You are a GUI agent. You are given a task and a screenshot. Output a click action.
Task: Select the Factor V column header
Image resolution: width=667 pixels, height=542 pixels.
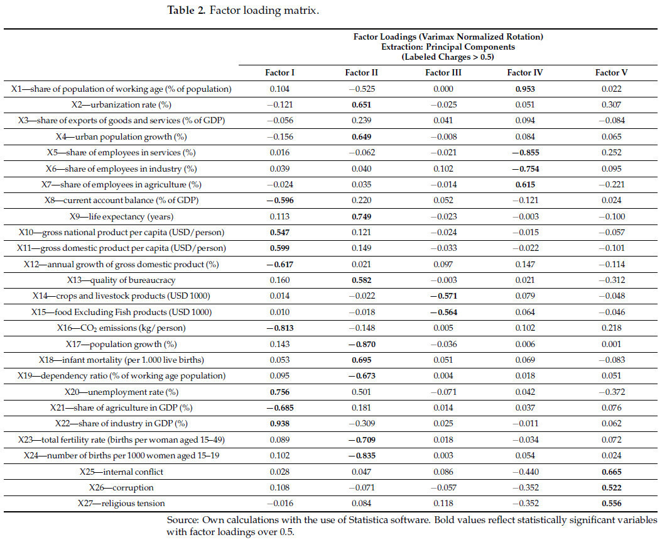pos(611,72)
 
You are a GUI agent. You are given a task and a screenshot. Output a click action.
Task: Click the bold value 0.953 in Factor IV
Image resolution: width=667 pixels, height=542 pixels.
pos(525,89)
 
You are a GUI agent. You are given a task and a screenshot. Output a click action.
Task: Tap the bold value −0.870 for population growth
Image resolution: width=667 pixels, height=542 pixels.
pos(361,344)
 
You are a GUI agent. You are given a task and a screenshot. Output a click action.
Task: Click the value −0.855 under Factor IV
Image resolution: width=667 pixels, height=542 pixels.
pos(525,152)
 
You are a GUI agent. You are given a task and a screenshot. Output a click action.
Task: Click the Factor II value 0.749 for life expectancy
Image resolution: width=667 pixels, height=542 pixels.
pos(361,216)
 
